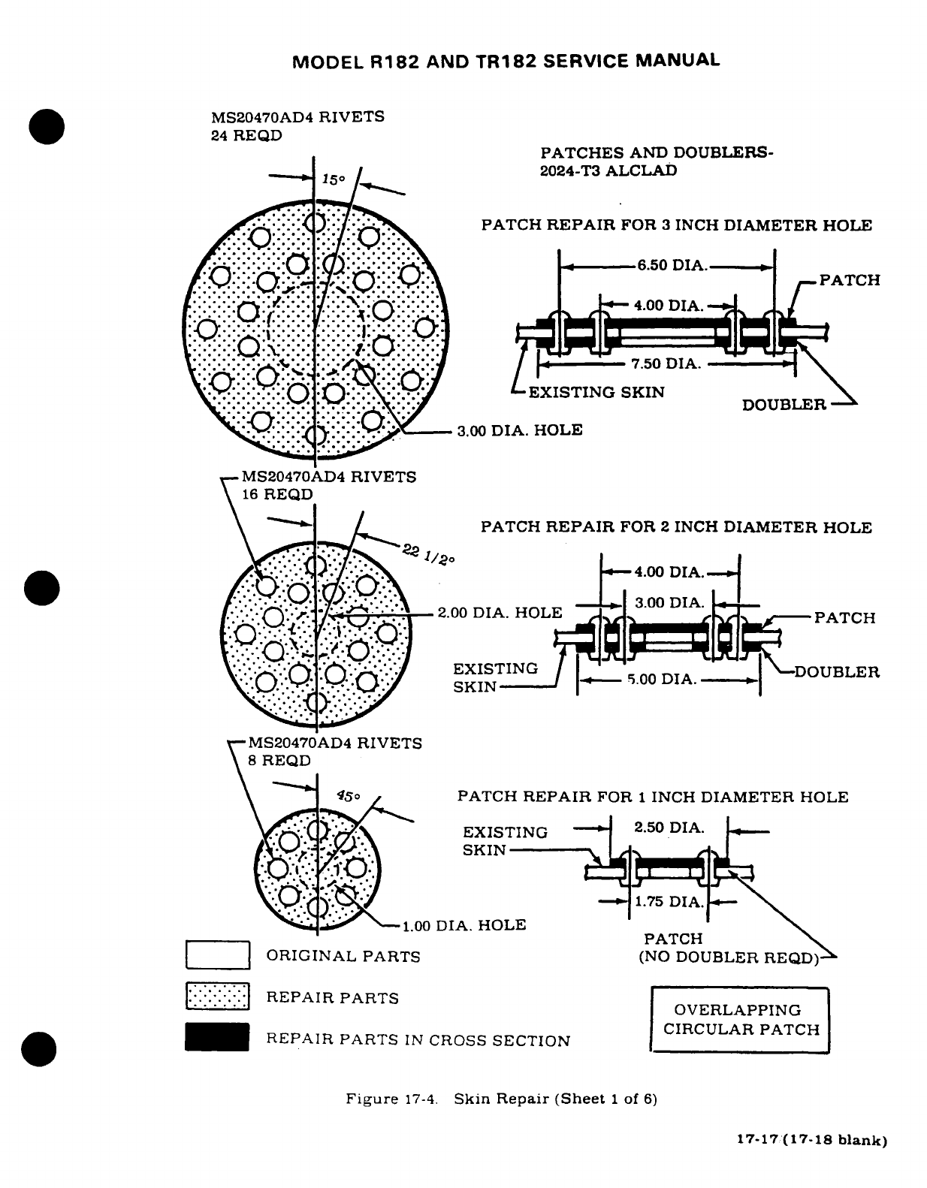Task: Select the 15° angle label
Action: click(x=333, y=180)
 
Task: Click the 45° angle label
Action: click(x=349, y=796)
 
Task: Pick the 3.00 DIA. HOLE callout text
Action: click(x=520, y=430)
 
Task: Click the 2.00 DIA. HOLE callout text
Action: click(x=500, y=613)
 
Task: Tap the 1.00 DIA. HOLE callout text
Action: click(x=463, y=925)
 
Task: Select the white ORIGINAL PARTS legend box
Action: click(x=218, y=955)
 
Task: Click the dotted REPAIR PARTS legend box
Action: click(x=218, y=997)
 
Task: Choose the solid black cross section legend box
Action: click(x=218, y=1038)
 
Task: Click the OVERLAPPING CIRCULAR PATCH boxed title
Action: click(x=740, y=1020)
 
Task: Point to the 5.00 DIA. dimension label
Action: click(x=662, y=680)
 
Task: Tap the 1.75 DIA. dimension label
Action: click(x=669, y=902)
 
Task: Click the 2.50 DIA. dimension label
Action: click(x=669, y=828)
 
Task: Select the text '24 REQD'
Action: click(x=247, y=136)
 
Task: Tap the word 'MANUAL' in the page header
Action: click(x=678, y=60)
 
